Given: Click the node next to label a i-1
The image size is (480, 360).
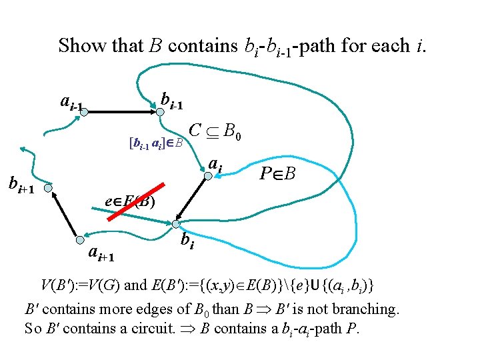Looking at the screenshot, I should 84,114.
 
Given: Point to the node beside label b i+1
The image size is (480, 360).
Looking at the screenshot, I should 47,189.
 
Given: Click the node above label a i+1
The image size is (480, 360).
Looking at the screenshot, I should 79,240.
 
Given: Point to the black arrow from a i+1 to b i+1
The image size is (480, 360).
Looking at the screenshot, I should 64,215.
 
